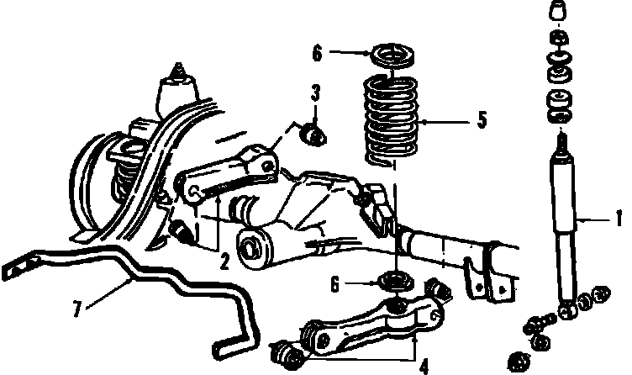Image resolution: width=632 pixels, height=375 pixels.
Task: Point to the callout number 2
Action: (x=224, y=262)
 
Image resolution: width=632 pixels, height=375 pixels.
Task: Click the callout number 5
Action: (x=482, y=120)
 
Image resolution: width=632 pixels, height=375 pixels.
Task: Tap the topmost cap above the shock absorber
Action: (x=556, y=11)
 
